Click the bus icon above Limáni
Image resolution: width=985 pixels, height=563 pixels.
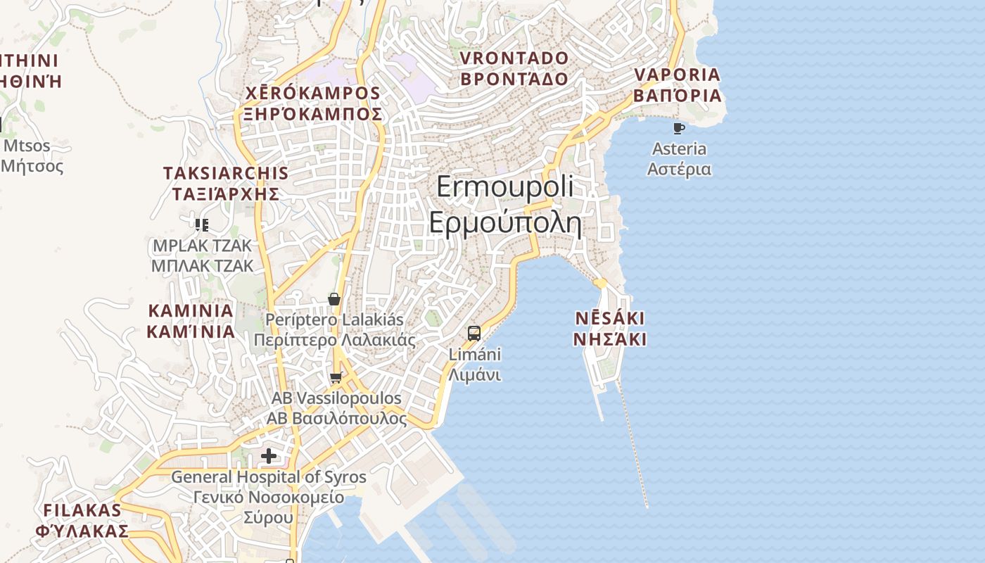tap(474, 333)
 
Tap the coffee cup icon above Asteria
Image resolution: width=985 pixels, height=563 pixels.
tap(678, 128)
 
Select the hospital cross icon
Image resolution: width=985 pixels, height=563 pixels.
tap(268, 456)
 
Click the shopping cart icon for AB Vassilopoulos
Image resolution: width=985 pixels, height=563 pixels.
tap(336, 378)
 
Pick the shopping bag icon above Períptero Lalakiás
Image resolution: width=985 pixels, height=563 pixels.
tap(334, 299)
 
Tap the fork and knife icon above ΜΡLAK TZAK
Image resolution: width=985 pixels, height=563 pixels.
tap(202, 225)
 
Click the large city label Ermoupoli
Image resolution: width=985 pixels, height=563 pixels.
tap(504, 187)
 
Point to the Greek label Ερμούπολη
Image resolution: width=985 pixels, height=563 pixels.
tap(504, 223)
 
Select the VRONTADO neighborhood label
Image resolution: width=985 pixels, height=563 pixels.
tap(514, 58)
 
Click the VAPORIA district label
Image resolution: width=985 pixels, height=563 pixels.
tap(678, 75)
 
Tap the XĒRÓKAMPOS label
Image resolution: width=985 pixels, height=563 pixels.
tap(312, 93)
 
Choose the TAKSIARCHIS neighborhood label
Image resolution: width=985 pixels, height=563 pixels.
tap(225, 173)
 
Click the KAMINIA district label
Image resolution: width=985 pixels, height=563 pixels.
tap(190, 310)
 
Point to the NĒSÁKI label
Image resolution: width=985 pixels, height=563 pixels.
tap(609, 318)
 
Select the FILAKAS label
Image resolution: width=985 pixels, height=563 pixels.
tap(82, 510)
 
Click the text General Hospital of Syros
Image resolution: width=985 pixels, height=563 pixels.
tap(269, 477)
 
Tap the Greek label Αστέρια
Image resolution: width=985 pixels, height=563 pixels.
tap(679, 170)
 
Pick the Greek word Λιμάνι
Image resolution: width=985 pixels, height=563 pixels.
tap(475, 375)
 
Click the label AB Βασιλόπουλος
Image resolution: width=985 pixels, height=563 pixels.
tap(336, 419)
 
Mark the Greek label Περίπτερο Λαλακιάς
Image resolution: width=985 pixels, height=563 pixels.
tap(334, 341)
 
